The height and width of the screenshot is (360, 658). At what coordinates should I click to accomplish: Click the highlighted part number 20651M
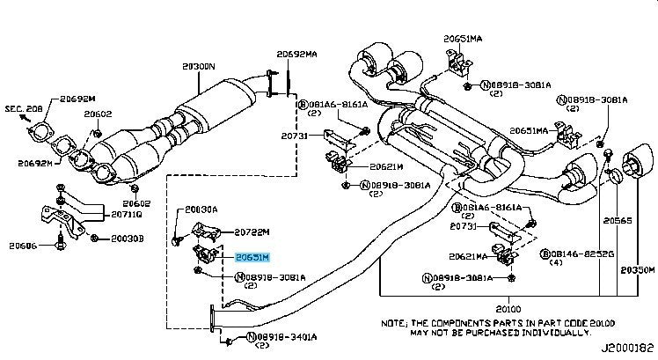(252, 257)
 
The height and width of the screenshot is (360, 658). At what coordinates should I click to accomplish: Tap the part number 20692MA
(296, 54)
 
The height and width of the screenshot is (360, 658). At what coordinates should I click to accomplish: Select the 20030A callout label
(203, 210)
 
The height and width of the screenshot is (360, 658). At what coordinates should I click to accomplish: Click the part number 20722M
(252, 233)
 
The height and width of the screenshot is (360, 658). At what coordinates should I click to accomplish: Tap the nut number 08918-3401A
(281, 337)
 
